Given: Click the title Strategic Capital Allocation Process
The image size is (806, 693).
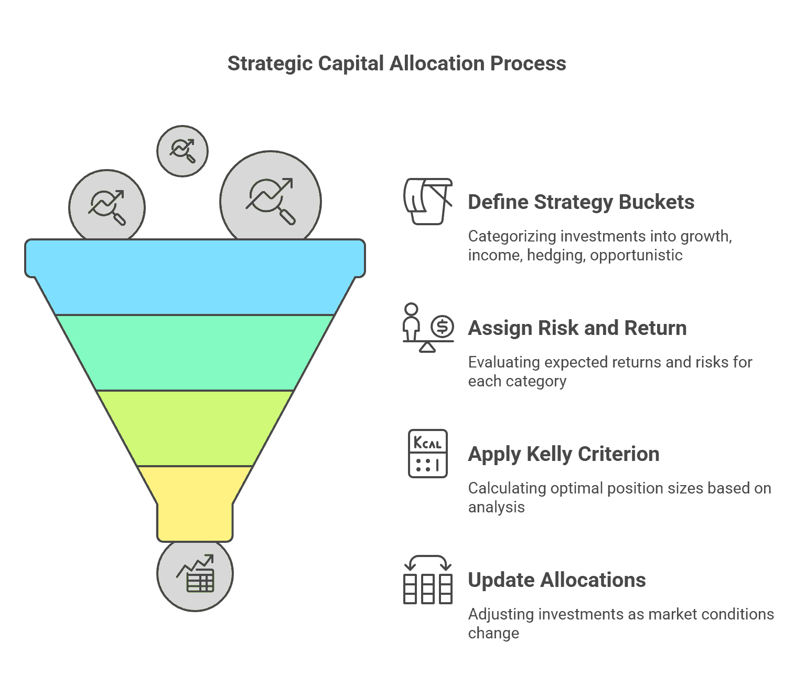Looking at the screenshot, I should pos(396,64).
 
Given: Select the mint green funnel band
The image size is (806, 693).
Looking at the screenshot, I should pos(195,352).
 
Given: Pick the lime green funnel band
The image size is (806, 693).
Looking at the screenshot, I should pos(195,428).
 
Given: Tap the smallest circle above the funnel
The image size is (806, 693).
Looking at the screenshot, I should pos(182,151).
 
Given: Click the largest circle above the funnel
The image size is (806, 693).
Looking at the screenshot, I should pos(270,200).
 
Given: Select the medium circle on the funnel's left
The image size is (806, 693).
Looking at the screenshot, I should pos(107,206).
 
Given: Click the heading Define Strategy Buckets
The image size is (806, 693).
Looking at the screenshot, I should pos(581,202).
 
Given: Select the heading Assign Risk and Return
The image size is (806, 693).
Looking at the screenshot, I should pos(577,328).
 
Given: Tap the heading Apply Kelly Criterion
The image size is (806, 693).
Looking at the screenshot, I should pos(564,454).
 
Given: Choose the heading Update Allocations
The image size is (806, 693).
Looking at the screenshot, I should pos(557,580).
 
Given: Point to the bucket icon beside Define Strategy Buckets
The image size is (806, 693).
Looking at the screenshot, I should pos(428,201).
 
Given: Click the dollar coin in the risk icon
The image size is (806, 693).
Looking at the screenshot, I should pos(442,327).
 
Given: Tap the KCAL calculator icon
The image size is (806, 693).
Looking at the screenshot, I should pos(428,453).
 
